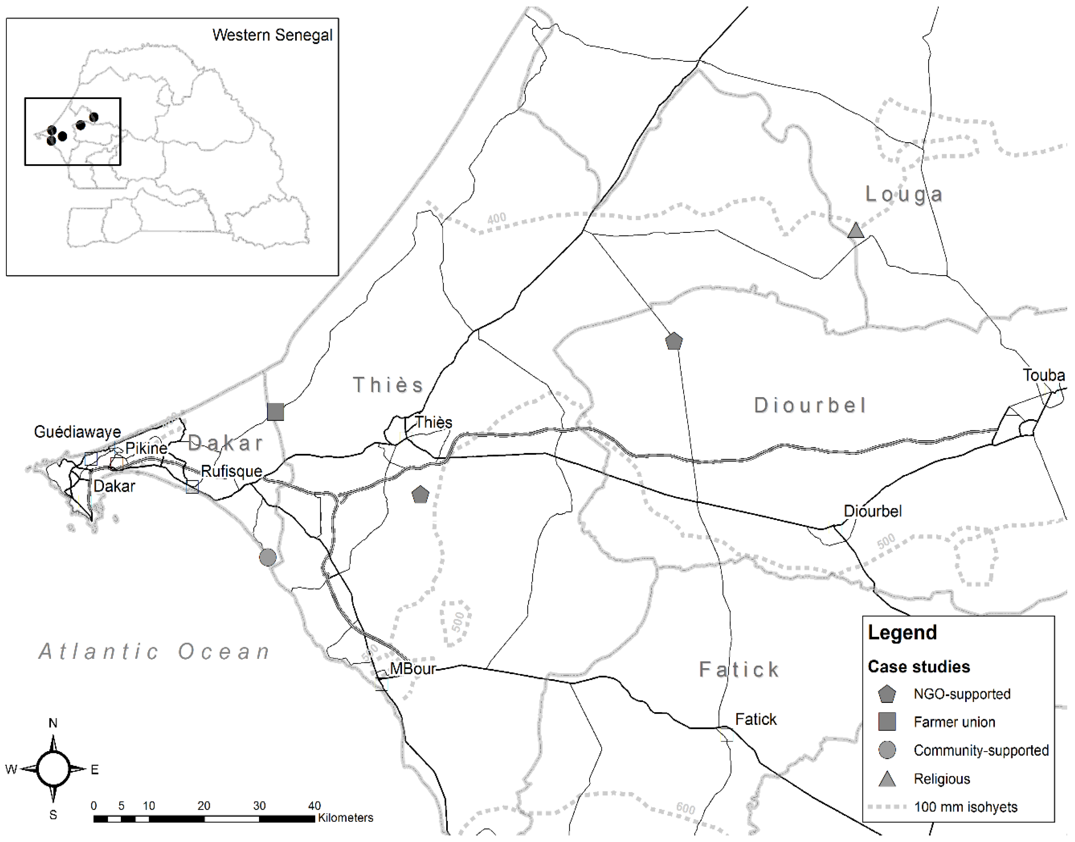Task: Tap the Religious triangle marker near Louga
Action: coord(856,231)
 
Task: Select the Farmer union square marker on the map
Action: coord(275,412)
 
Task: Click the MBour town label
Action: coord(413,669)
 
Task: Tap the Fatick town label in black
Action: coord(755,719)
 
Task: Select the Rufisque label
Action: coord(231,471)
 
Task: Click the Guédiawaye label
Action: coord(77,432)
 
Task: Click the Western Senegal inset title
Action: coord(272,35)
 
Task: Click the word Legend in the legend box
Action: coord(902,632)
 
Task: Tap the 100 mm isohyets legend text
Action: coord(965,807)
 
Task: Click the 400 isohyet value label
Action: coord(497,218)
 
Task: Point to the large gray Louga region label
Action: coord(904,194)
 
